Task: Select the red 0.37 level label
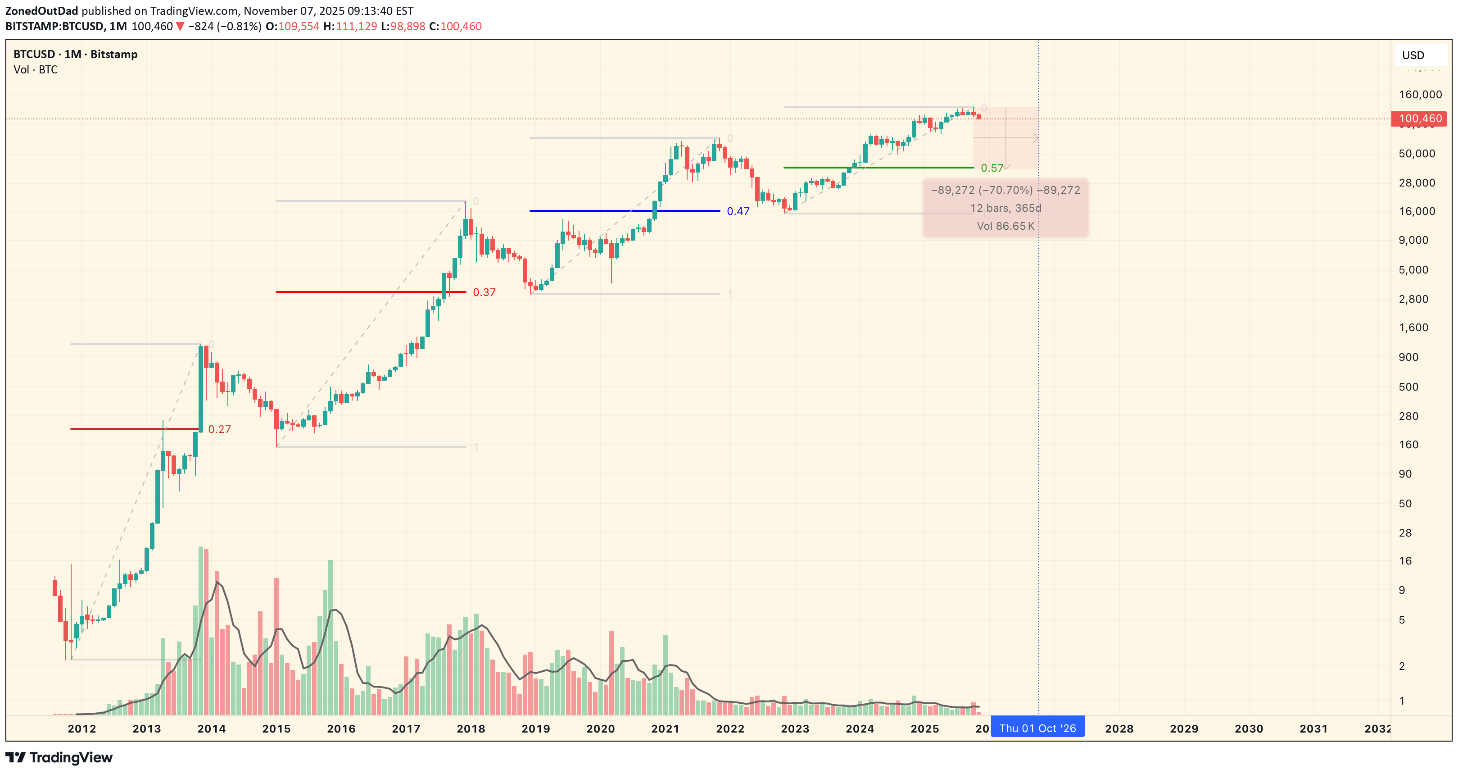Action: click(484, 292)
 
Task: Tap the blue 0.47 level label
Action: click(738, 211)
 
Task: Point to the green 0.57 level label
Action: click(992, 168)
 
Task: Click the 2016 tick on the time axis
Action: click(341, 728)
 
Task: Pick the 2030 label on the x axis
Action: click(1248, 728)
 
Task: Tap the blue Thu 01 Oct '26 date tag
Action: click(1037, 728)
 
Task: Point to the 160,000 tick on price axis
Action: click(1420, 95)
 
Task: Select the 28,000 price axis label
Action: click(1417, 183)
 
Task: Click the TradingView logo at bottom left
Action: click(59, 758)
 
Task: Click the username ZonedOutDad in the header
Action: click(42, 11)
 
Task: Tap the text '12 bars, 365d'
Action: click(1005, 208)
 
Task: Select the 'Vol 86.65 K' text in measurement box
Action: click(1005, 226)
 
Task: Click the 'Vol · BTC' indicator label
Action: click(36, 70)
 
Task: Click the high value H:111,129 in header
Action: click(350, 27)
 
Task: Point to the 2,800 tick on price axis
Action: click(1413, 299)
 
